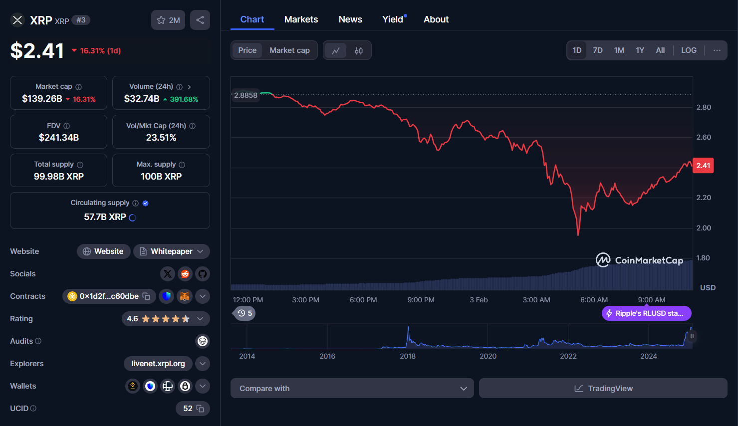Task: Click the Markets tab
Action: click(301, 19)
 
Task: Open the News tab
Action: click(350, 19)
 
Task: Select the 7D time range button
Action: click(597, 50)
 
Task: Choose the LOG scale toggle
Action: click(689, 50)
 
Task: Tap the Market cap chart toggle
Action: click(289, 50)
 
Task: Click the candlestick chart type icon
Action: click(359, 51)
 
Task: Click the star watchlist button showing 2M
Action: click(168, 20)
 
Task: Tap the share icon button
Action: click(200, 20)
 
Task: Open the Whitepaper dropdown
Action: click(172, 251)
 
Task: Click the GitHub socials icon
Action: click(203, 274)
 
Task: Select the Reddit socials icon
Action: click(185, 274)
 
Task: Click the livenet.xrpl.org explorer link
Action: click(158, 364)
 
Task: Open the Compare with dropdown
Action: click(352, 389)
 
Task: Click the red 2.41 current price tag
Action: click(703, 166)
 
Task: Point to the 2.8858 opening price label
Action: click(246, 95)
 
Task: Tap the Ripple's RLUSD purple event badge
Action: click(646, 313)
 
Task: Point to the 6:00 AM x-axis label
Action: click(594, 300)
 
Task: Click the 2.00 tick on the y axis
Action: click(704, 228)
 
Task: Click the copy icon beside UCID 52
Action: click(201, 409)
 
